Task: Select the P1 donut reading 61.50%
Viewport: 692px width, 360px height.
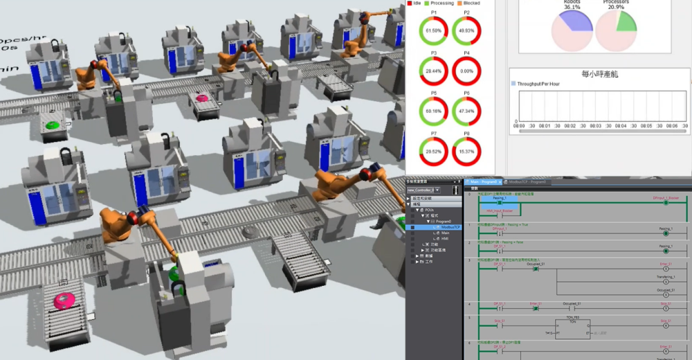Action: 433,31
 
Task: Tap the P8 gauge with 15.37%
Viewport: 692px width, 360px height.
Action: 466,151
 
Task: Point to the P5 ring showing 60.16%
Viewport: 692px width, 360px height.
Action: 433,111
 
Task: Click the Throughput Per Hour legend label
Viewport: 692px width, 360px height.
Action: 539,83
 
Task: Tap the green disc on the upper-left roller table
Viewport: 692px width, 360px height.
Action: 53,126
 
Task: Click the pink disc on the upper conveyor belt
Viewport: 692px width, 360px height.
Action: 203,98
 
